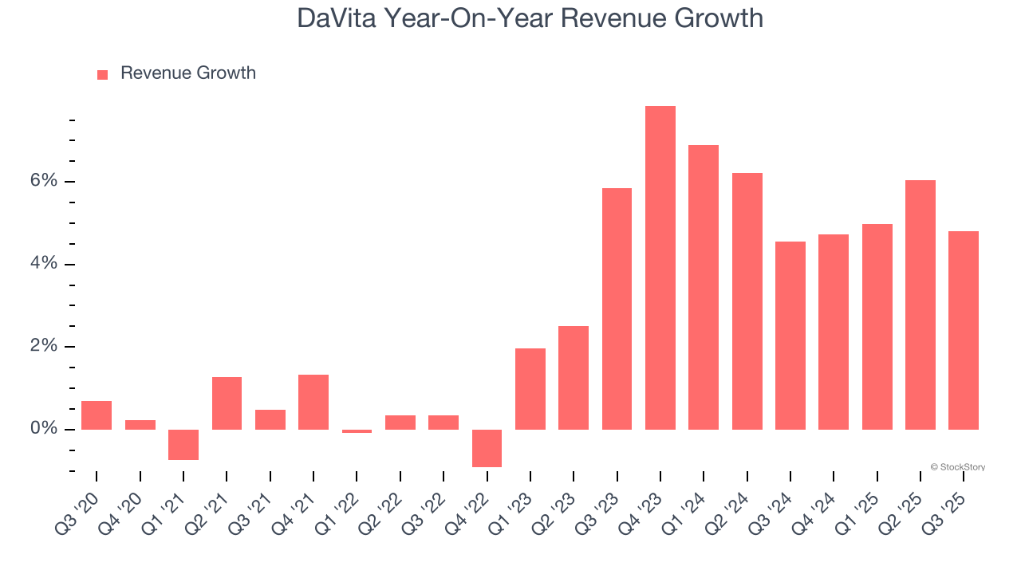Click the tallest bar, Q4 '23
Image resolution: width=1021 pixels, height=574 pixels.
point(660,268)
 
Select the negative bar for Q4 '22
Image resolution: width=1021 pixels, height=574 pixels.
point(487,448)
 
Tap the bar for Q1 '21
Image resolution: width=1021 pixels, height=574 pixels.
point(183,445)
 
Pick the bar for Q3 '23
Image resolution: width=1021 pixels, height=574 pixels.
point(617,309)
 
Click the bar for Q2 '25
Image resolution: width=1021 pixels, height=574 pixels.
point(920,305)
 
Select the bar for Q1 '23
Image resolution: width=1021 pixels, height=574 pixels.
point(530,389)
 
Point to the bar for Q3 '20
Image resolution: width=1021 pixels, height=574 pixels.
point(97,415)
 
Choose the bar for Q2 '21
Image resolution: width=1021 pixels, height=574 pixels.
point(227,403)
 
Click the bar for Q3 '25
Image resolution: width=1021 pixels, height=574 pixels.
point(963,331)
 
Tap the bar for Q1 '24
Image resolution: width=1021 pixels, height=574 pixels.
point(704,288)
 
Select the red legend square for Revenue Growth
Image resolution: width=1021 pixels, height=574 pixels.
point(102,74)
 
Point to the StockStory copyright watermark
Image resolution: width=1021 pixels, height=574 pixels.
point(957,467)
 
